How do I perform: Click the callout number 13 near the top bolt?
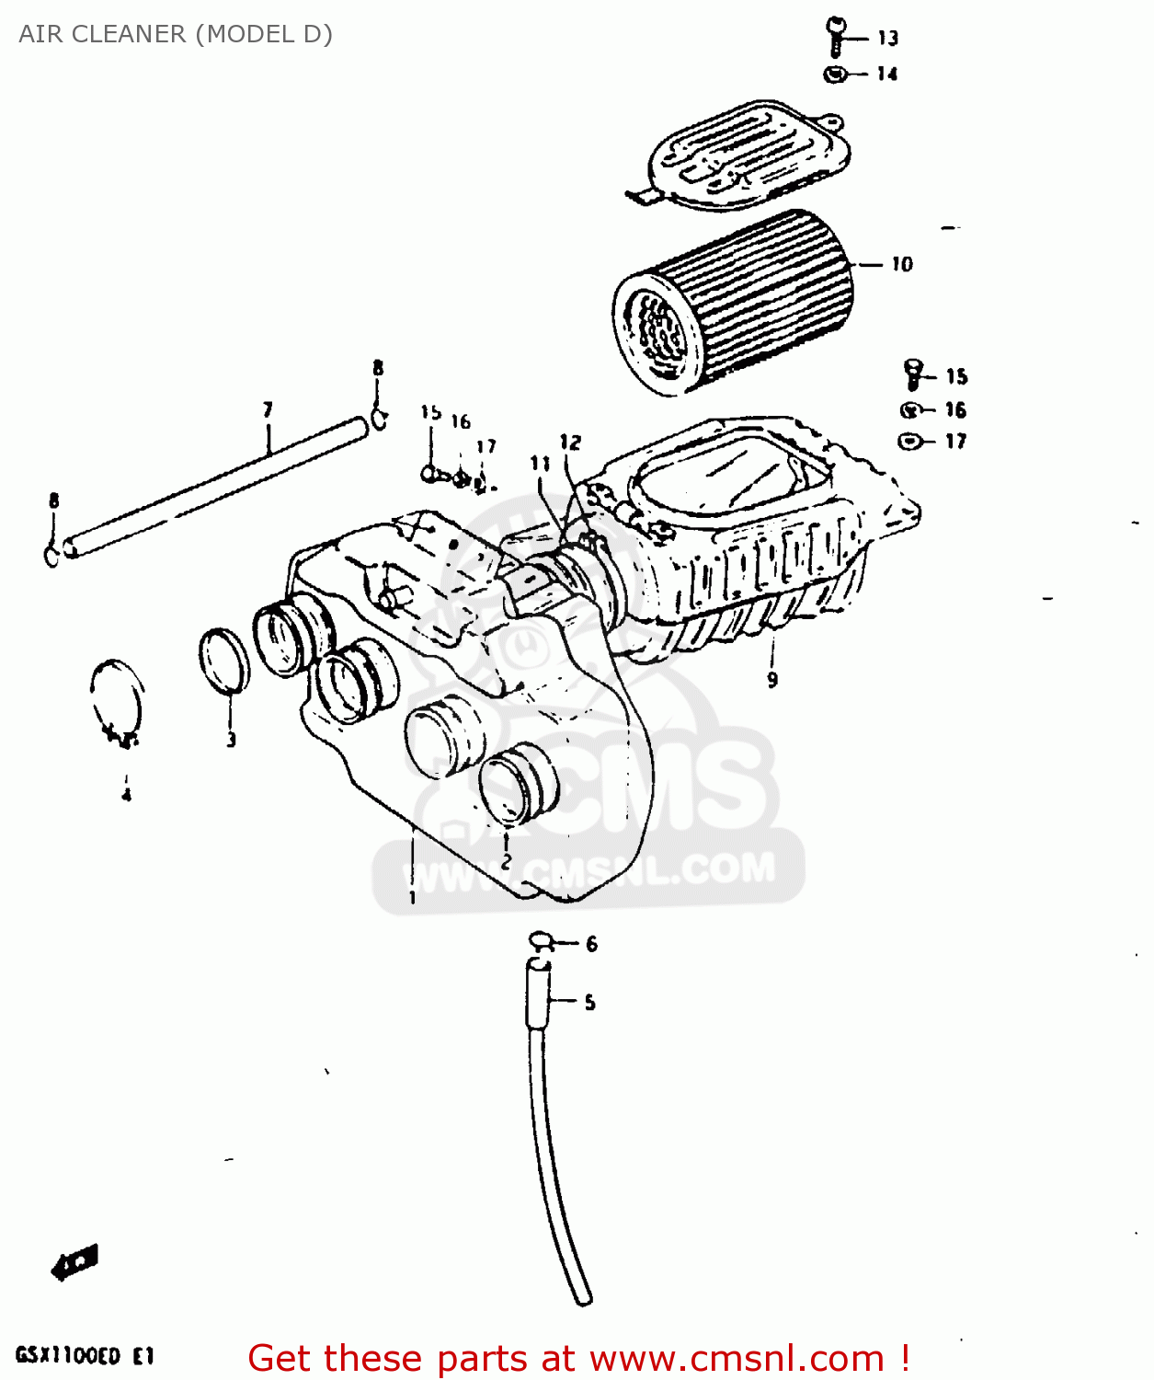pyautogui.click(x=887, y=38)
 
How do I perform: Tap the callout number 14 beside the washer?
pyautogui.click(x=886, y=74)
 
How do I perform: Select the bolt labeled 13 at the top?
pyautogui.click(x=836, y=36)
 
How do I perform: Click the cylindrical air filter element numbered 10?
pyautogui.click(x=736, y=302)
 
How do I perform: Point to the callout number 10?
pyautogui.click(x=902, y=264)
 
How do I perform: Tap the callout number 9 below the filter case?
pyautogui.click(x=772, y=680)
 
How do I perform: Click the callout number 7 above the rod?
pyautogui.click(x=268, y=409)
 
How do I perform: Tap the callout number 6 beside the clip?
pyautogui.click(x=591, y=943)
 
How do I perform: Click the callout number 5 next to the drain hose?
pyautogui.click(x=589, y=1002)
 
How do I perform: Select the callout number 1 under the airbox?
pyautogui.click(x=412, y=897)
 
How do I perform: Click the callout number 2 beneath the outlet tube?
pyautogui.click(x=506, y=862)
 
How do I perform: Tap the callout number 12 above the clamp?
pyautogui.click(x=570, y=443)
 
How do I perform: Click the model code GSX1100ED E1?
pyautogui.click(x=85, y=1356)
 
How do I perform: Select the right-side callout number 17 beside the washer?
pyautogui.click(x=955, y=442)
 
